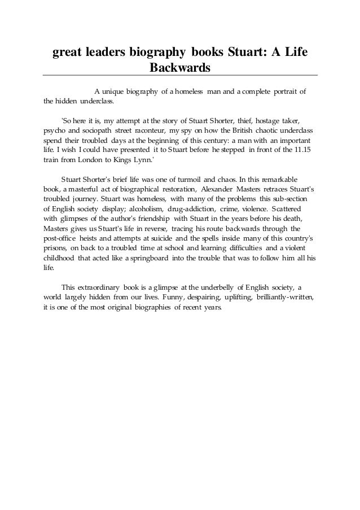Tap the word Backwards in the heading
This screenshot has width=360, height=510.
179,68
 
